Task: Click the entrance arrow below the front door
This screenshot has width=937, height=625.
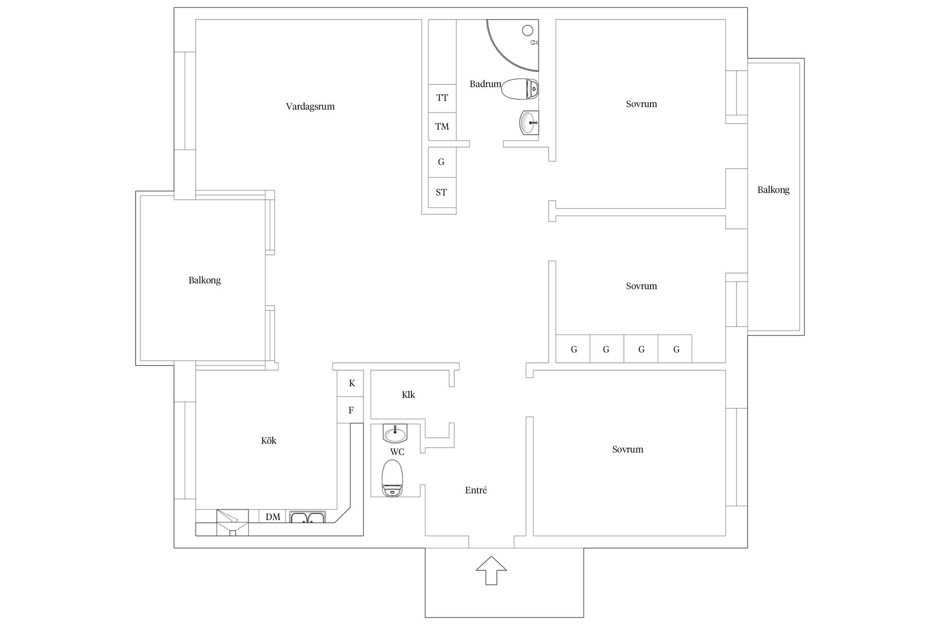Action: click(x=491, y=570)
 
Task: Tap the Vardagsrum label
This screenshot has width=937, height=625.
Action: click(x=310, y=106)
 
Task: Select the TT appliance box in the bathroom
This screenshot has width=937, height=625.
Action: click(x=442, y=98)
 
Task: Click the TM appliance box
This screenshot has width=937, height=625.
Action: click(x=442, y=127)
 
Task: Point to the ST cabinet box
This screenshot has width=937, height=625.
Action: click(x=442, y=192)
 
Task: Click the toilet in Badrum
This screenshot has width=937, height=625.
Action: click(x=520, y=89)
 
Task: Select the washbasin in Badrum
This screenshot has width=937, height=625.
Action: click(x=530, y=123)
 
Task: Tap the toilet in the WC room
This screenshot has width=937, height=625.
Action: click(x=393, y=478)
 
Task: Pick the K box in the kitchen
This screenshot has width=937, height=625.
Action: click(x=351, y=384)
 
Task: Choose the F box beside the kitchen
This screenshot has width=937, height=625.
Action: click(x=351, y=410)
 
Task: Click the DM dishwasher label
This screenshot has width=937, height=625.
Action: click(x=273, y=517)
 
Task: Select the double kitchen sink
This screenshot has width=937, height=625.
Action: click(x=307, y=517)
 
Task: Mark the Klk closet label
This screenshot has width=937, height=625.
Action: click(x=408, y=395)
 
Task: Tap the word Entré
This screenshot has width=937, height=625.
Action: click(x=476, y=490)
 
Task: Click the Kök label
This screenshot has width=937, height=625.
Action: click(x=269, y=440)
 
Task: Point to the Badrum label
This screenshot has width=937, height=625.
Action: click(x=486, y=84)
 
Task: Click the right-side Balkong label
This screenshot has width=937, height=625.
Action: click(x=774, y=190)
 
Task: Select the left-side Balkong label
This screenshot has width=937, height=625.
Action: click(x=204, y=280)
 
